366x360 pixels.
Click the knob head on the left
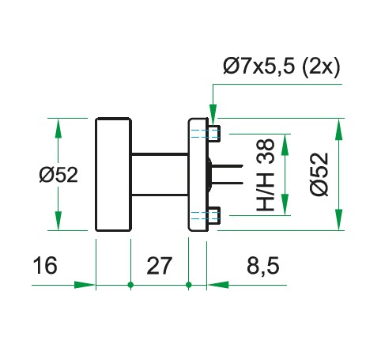[113, 175]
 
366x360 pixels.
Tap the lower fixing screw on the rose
[213, 214]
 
